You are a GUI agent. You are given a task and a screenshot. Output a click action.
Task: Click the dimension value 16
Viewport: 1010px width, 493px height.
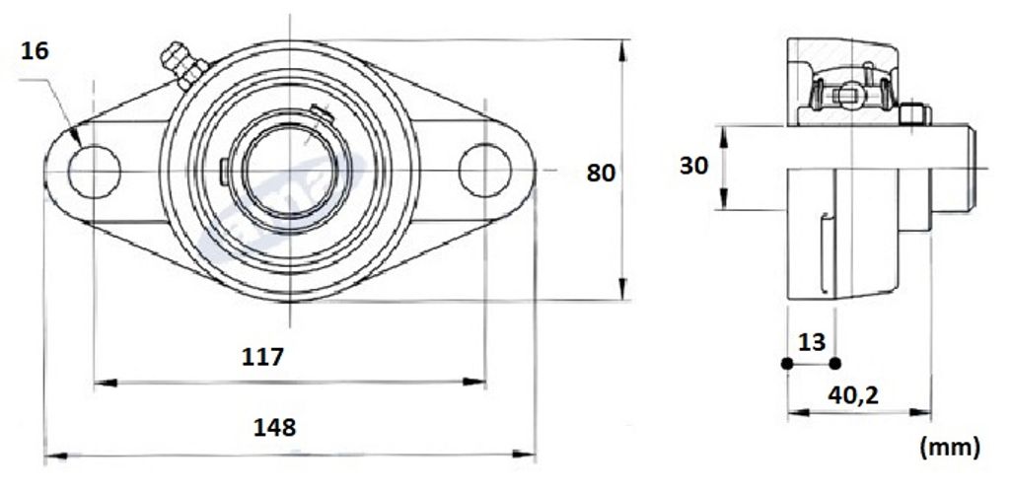[x=35, y=51]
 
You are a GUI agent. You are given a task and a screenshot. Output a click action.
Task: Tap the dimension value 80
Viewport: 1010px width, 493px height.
[x=601, y=174]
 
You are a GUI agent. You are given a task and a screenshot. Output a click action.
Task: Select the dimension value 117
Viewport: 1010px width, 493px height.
[x=262, y=356]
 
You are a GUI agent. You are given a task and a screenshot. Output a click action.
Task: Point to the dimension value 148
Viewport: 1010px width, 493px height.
[x=275, y=427]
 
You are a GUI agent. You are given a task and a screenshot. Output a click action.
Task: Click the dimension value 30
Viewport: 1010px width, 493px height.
[x=693, y=166]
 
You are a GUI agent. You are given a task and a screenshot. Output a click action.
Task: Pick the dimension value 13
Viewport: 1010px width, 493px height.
[x=812, y=342]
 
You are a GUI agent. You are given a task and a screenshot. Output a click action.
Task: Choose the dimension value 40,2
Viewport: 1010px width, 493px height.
[x=853, y=395]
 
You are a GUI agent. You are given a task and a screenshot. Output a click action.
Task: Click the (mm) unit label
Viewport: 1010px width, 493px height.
[x=951, y=446]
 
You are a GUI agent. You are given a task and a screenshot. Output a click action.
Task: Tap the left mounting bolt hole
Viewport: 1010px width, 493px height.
[x=94, y=172]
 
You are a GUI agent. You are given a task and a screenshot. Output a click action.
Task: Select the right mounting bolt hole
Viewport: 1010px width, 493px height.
[x=485, y=171]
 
